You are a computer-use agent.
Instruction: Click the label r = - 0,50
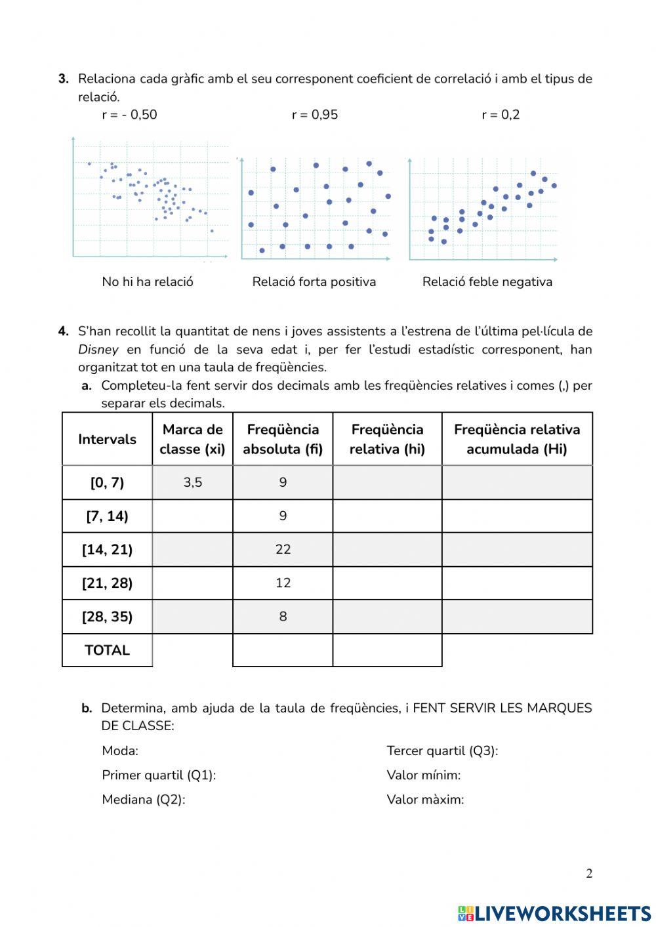129,115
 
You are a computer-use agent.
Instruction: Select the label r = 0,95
315,115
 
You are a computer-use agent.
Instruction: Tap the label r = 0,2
501,115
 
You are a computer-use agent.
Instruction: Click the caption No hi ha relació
148,282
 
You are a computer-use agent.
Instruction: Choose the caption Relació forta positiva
314,282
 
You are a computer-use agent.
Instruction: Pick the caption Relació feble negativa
487,282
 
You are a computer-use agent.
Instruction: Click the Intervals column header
107,440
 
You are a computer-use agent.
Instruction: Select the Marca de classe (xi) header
192,440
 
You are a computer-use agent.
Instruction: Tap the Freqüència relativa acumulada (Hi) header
517,440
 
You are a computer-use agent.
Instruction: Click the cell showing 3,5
193,483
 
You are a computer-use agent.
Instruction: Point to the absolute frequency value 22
283,550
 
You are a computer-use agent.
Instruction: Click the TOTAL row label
107,651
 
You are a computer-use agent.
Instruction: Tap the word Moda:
120,751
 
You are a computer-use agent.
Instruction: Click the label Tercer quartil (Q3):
442,751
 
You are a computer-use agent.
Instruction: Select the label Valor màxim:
425,800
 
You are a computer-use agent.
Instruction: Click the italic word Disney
98,350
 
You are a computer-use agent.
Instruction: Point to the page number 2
589,874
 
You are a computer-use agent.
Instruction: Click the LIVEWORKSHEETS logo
554,913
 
